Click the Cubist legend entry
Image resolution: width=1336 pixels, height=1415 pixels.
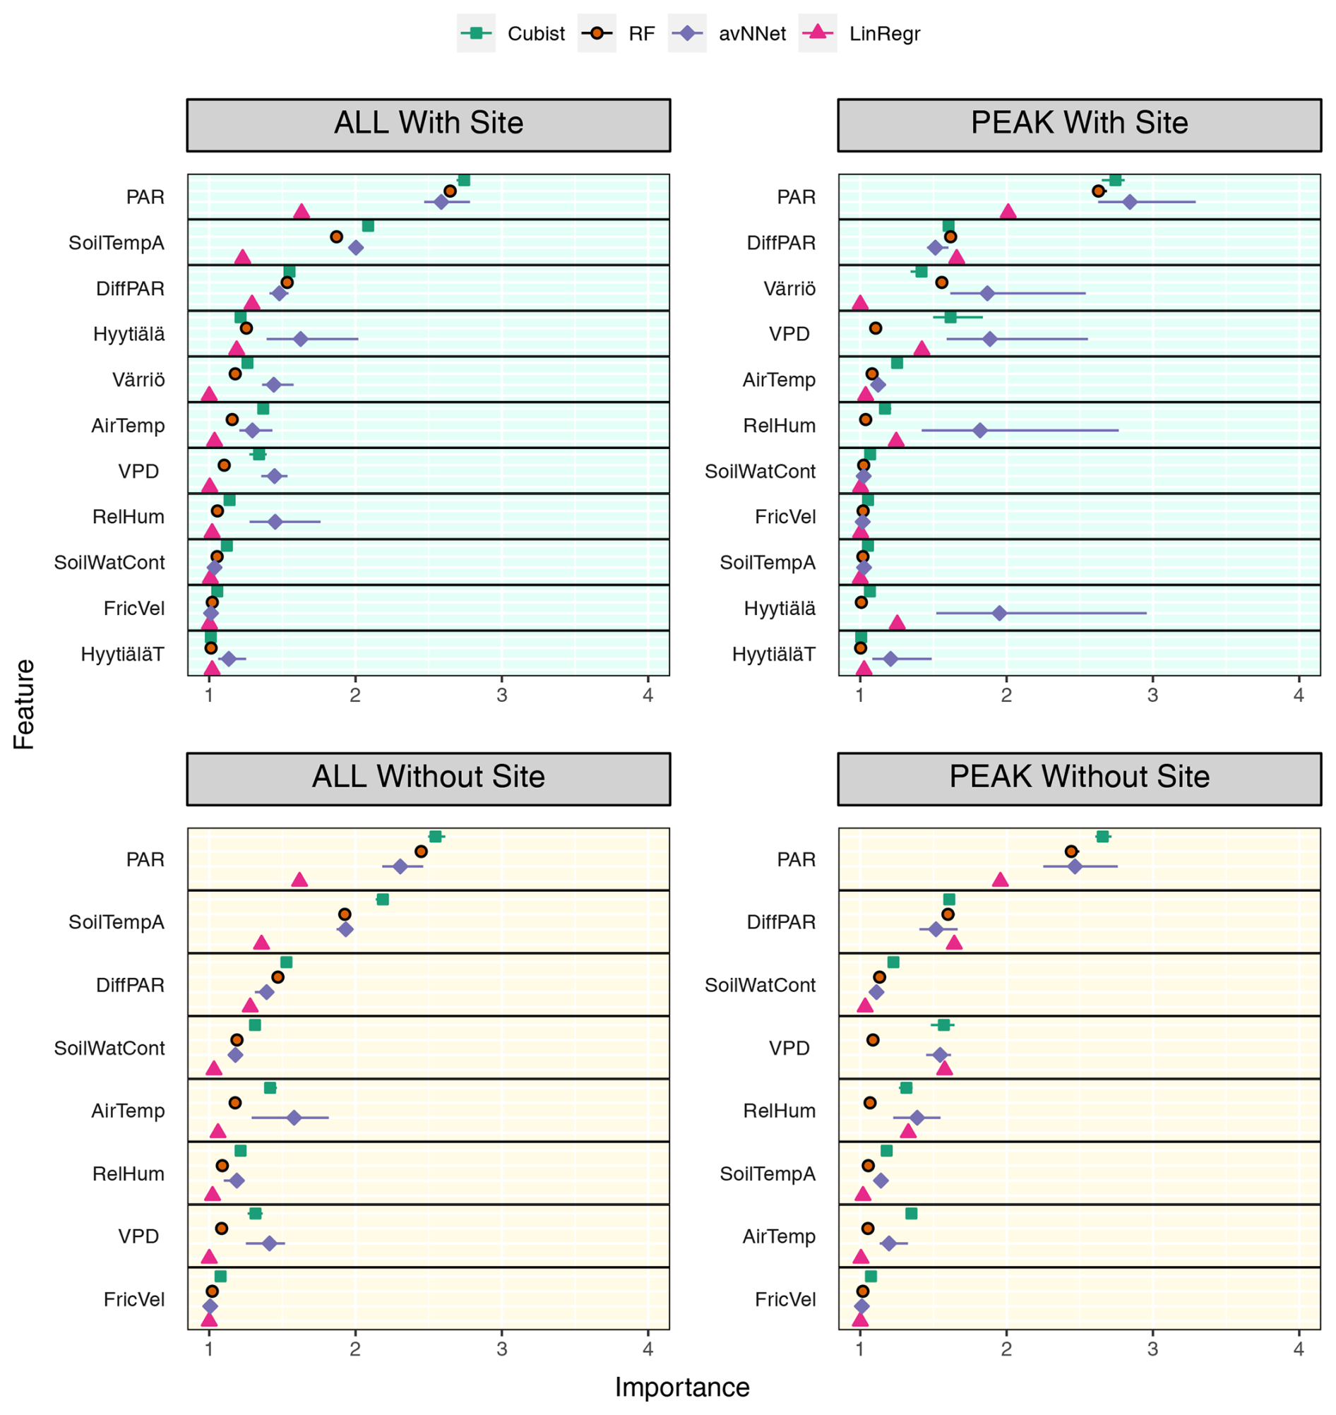(513, 33)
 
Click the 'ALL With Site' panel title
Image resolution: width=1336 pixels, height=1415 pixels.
(429, 124)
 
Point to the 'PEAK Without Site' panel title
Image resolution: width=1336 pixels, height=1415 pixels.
(1079, 777)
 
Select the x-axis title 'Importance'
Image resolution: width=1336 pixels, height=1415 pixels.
(681, 1387)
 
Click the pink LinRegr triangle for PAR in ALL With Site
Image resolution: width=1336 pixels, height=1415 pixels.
(302, 212)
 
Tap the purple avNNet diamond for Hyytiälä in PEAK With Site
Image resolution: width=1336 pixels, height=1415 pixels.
(999, 613)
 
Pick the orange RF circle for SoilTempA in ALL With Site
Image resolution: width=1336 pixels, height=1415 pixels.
(337, 237)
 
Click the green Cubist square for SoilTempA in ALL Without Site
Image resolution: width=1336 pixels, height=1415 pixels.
(383, 900)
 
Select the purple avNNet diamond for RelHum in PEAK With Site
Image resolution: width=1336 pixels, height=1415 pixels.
(980, 430)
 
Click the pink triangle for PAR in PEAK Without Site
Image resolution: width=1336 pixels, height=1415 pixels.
(1000, 880)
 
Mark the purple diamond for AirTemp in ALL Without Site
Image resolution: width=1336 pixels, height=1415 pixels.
(294, 1118)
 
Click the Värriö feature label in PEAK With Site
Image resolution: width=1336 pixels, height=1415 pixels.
(789, 288)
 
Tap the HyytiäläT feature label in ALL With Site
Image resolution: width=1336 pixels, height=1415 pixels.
(122, 654)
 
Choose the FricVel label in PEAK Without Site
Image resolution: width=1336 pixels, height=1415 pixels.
(785, 1300)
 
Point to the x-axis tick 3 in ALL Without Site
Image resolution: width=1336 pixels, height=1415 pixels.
(501, 1349)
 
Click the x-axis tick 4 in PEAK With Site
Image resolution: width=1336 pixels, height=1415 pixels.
(1299, 695)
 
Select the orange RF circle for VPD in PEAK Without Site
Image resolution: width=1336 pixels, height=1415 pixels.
(873, 1040)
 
